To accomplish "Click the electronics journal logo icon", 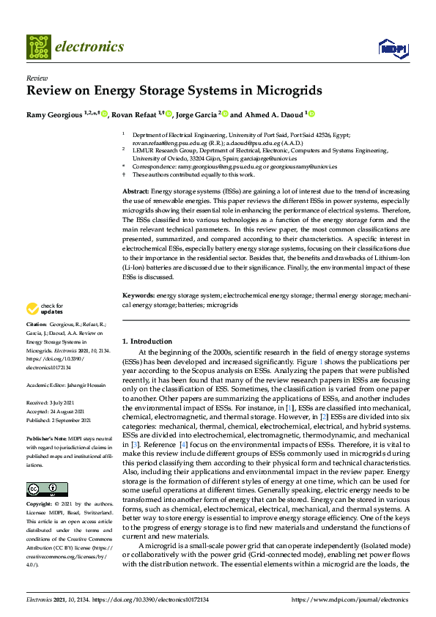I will [x=38, y=47].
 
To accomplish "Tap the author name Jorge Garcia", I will [x=197, y=114].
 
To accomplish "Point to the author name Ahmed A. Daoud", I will [x=273, y=114].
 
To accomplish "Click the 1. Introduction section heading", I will [x=147, y=341].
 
